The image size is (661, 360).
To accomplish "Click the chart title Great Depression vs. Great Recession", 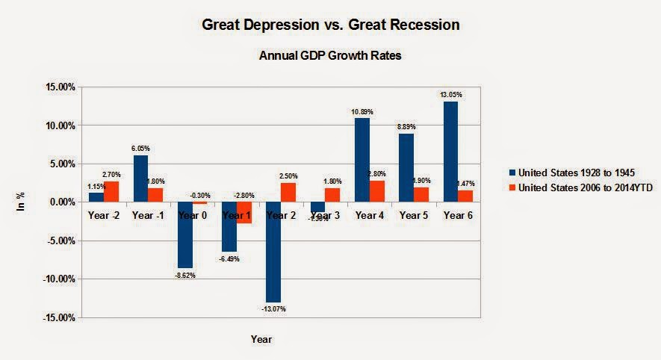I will (x=330, y=25).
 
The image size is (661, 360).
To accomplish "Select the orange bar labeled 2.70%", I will (x=113, y=191).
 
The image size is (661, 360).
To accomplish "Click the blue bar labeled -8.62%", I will (x=185, y=235).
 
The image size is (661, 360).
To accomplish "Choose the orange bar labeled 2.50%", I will (x=289, y=192).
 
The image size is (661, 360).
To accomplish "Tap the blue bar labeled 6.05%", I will (x=141, y=179).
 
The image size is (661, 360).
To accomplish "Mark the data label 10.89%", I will (x=361, y=112).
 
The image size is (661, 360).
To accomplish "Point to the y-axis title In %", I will (x=22, y=202).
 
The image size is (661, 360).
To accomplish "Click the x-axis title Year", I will (x=261, y=339).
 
